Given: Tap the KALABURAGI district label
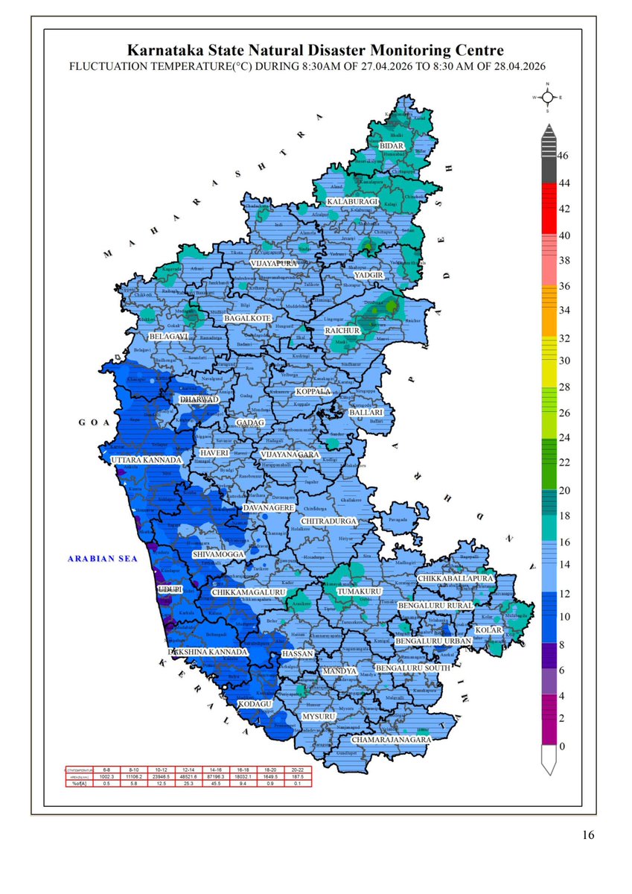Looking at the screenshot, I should click(x=354, y=202).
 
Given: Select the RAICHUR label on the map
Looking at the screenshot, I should click(x=342, y=330).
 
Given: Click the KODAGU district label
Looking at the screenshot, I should click(x=255, y=703).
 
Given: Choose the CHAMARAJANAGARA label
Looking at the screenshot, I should click(x=392, y=740).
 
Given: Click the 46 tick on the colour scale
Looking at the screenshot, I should click(x=564, y=156).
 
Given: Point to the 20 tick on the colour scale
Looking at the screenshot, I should click(x=564, y=490).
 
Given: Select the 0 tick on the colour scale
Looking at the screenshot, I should click(x=564, y=746).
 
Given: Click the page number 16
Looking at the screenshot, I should click(x=588, y=836).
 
